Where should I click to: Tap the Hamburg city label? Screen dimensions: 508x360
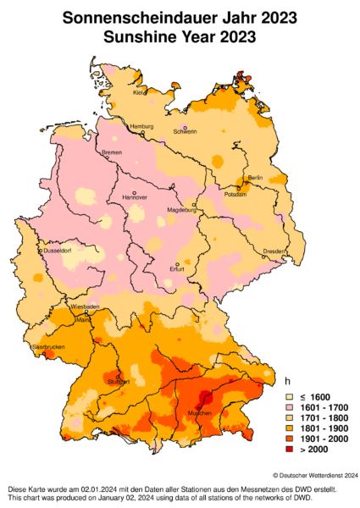[x=141, y=126]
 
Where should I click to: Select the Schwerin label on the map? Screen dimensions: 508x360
[x=185, y=131]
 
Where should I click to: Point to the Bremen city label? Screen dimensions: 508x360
[x=112, y=152]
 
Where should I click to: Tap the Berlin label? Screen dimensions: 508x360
[x=255, y=178]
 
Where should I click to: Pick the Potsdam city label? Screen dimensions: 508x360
[x=235, y=194]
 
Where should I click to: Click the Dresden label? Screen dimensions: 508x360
[x=274, y=251]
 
